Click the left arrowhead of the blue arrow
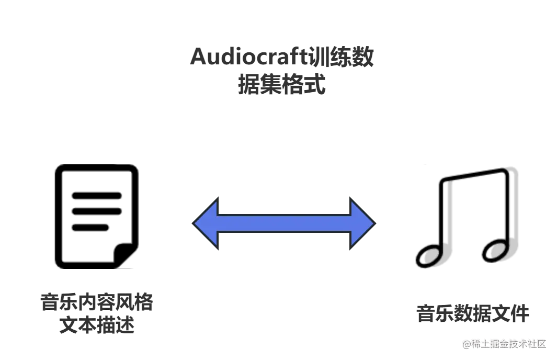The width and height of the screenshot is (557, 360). [x=205, y=223]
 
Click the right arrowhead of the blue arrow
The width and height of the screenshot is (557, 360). [x=362, y=223]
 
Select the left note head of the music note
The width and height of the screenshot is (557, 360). [x=432, y=255]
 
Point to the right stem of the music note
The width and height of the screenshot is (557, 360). [x=511, y=209]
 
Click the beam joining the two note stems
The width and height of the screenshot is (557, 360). [x=479, y=172]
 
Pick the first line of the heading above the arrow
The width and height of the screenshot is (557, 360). [x=282, y=57]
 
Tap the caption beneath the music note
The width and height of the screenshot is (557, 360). [x=472, y=312]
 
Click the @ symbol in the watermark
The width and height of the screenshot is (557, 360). [x=465, y=344]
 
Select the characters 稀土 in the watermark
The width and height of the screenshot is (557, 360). [x=479, y=344]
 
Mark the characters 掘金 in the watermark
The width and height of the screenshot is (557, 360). [x=496, y=344]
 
